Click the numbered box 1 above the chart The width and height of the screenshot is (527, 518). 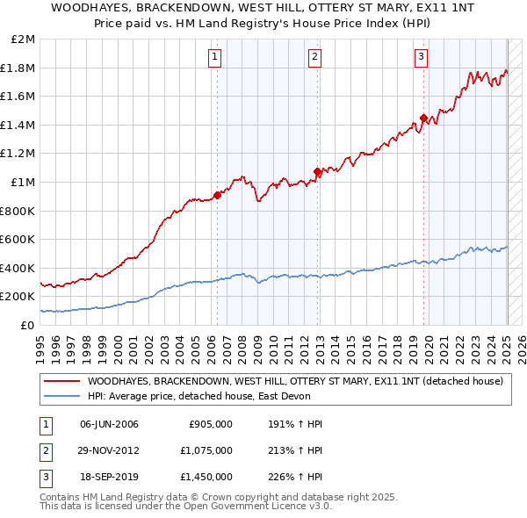pos(215,58)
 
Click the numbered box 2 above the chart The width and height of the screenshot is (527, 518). pos(314,58)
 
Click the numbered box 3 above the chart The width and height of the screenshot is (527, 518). pos(421,58)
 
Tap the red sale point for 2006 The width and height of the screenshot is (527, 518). pos(217,195)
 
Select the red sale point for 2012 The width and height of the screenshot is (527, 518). pos(317,171)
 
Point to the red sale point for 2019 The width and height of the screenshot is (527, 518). pos(423,118)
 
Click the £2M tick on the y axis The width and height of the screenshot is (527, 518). pos(24,40)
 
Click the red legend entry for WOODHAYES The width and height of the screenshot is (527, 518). pos(294,381)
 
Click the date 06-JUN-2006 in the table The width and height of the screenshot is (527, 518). pos(109,424)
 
